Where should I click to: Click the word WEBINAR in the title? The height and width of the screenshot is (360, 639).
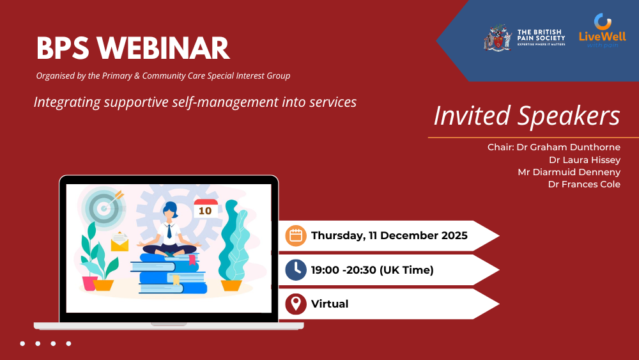[x=163, y=48]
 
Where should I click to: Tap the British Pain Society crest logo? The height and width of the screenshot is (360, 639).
[x=498, y=38]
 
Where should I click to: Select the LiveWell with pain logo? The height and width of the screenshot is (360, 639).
[x=603, y=31]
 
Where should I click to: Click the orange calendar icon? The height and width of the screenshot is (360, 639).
[x=296, y=236]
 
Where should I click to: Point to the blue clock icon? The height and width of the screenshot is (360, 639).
[x=296, y=270]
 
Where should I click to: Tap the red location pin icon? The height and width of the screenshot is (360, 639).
[x=296, y=304]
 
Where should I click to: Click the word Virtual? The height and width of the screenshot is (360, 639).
[x=330, y=304]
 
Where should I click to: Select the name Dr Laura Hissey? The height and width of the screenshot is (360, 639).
[x=585, y=160]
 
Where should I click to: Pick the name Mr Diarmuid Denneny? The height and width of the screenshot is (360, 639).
[x=569, y=172]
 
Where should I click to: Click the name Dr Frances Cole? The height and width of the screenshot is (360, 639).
[x=584, y=184]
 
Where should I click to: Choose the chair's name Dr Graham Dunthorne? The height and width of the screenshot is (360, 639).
[x=569, y=147]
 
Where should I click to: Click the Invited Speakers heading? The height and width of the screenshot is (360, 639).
[x=527, y=116]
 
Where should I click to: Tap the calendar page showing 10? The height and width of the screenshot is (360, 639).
[x=205, y=208]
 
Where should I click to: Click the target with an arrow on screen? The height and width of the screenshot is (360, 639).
[x=104, y=207]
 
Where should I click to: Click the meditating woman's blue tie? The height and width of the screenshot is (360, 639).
[x=169, y=231]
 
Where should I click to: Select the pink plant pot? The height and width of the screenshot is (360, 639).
[x=89, y=283]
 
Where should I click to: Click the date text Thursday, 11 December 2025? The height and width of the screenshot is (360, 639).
[x=389, y=236]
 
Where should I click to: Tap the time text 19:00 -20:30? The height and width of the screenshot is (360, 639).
[x=344, y=270]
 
